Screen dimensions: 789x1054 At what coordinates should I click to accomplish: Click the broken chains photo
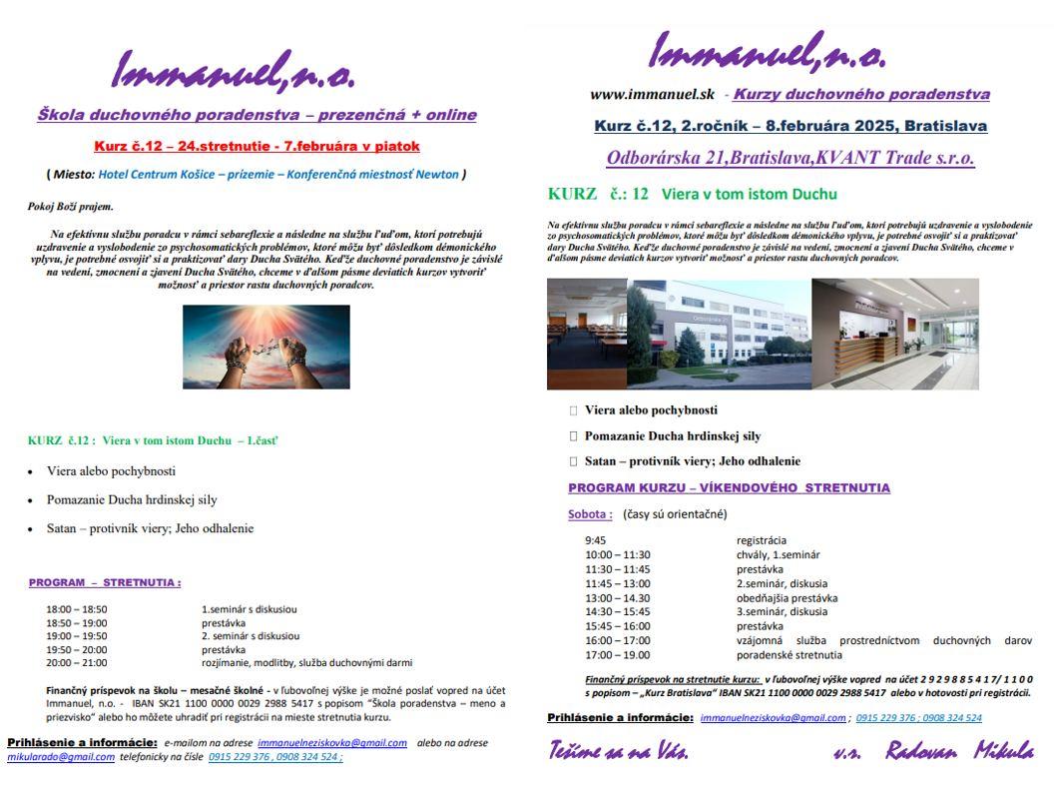point(266,347)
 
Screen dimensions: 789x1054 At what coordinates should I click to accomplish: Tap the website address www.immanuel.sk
point(652,95)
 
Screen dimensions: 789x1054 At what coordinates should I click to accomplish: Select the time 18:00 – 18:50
point(77,609)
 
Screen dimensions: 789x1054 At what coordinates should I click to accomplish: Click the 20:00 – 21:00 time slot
point(77,662)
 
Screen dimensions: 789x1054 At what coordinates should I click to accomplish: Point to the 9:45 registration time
point(595,540)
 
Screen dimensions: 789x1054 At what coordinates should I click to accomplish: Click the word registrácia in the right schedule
point(762,540)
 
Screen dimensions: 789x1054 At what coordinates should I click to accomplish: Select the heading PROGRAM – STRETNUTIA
point(105,582)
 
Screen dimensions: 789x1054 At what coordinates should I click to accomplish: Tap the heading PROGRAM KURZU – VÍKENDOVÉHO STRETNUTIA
point(729,488)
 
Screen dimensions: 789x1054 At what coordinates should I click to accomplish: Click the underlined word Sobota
point(590,514)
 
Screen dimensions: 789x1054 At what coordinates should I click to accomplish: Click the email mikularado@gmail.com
point(61,757)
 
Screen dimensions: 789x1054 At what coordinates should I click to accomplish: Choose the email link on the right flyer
point(774,718)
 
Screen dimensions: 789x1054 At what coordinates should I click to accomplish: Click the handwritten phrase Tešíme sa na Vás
point(618,752)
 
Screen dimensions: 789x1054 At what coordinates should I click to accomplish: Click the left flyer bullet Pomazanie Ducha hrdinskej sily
point(132,499)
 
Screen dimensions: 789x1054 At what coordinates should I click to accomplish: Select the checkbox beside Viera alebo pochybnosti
point(574,410)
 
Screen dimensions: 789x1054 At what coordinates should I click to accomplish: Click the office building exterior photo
point(719,334)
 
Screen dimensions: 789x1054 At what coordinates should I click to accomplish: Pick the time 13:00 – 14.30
point(618,598)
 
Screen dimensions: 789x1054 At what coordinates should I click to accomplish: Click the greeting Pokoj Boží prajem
point(70,207)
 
